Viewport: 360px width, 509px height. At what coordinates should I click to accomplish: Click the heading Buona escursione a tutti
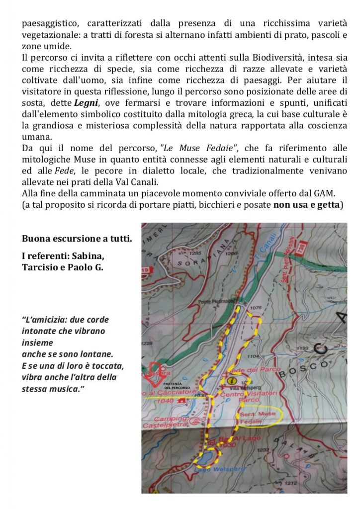(x=77, y=239)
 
